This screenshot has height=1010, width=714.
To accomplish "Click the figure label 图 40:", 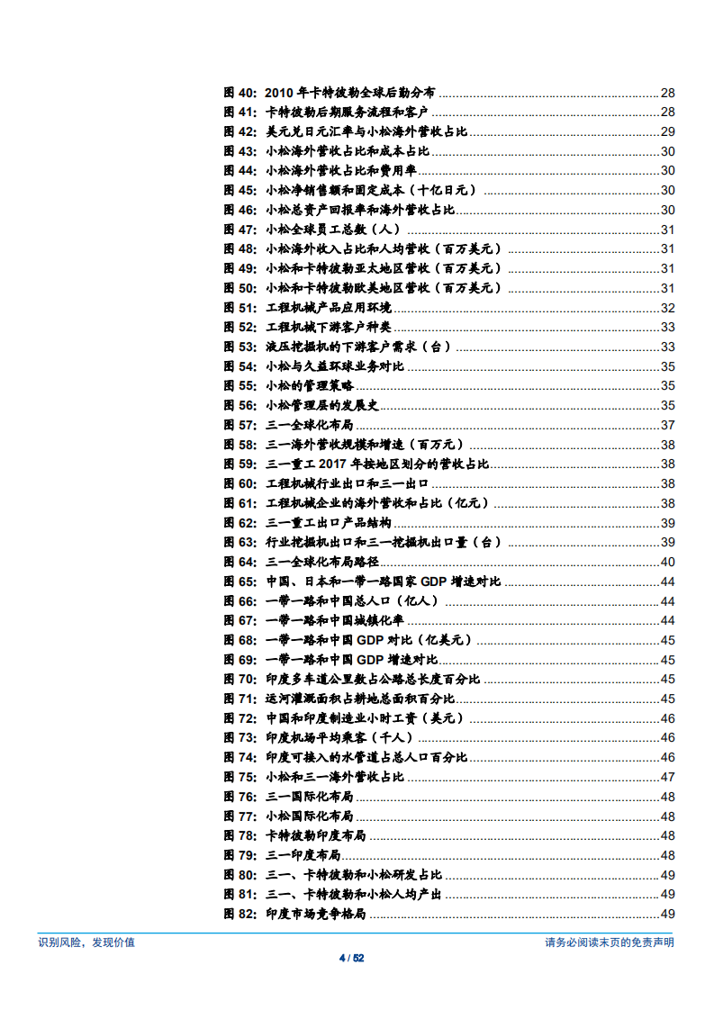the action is [x=240, y=93].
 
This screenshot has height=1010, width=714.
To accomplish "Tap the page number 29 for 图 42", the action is [x=667, y=132].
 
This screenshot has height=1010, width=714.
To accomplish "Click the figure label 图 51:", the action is [x=240, y=308].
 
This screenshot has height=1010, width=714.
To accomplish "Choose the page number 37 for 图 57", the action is [x=667, y=425].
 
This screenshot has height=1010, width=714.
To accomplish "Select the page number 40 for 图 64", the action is [x=667, y=563].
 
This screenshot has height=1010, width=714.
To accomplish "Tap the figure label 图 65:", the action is [x=240, y=582].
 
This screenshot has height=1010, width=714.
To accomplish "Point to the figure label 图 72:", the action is [x=240, y=718].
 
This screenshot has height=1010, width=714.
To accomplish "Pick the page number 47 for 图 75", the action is [x=667, y=777].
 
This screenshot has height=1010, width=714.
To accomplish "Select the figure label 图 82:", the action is [x=240, y=914].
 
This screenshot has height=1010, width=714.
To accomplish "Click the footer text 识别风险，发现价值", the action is [x=86, y=942].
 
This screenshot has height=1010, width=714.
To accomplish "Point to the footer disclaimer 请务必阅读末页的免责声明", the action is [x=609, y=942].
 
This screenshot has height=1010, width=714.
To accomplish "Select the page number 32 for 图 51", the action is [x=667, y=308].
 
